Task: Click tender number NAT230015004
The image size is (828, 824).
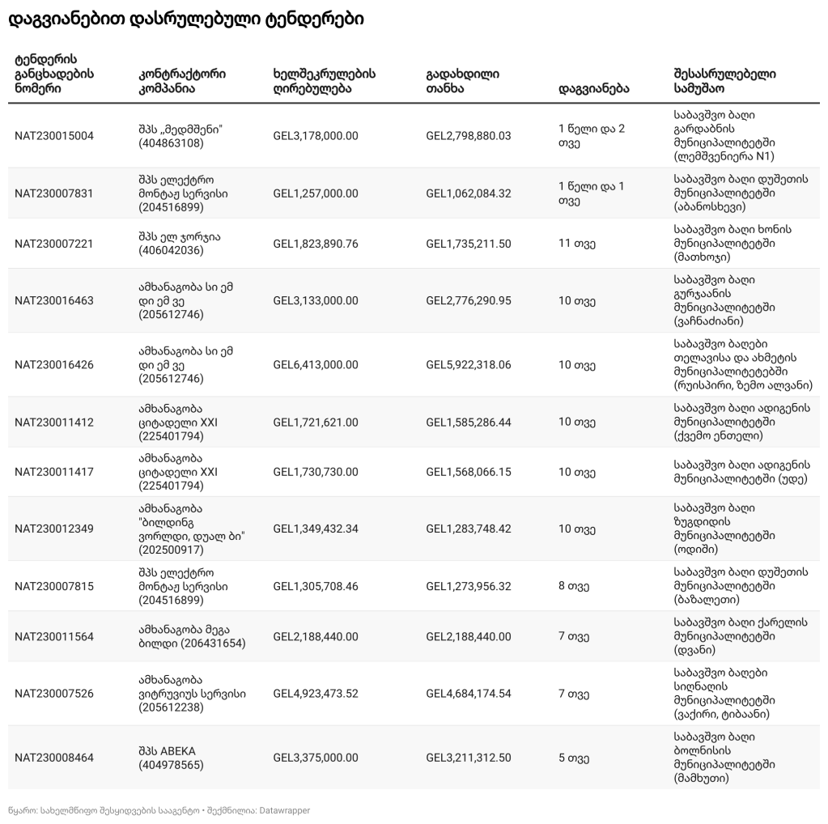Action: pos(54,136)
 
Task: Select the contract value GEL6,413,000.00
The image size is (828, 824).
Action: pos(316,364)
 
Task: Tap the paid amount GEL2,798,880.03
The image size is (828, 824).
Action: pos(469,136)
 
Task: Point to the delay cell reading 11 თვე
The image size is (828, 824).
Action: pos(576,243)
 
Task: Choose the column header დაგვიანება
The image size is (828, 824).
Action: pos(593,88)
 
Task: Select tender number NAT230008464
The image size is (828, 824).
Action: pos(54,758)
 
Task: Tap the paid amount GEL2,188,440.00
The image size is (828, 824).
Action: pos(469,636)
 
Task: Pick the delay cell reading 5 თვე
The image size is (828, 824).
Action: pos(573,758)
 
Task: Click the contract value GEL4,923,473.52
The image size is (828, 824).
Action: pos(316,694)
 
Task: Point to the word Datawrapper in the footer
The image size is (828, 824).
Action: pos(283,810)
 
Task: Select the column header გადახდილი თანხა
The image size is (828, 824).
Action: pos(462,81)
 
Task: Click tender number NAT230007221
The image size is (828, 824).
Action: pos(54,243)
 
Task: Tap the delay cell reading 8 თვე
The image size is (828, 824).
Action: pos(573,584)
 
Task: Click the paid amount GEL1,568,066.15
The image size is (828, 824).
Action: pos(469,472)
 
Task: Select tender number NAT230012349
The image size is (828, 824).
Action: pos(54,529)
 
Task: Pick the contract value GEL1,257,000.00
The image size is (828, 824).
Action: pos(316,193)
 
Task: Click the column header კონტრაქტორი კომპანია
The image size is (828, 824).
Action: pos(182,81)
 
